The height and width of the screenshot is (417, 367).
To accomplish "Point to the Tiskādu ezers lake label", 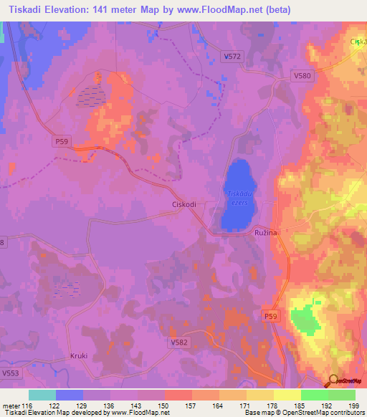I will point(238,197).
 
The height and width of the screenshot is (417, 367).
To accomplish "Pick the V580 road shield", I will point(303,75).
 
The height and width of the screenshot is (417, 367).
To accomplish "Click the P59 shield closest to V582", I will point(270,316).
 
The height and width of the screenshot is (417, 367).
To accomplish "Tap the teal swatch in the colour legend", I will point(42,395).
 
